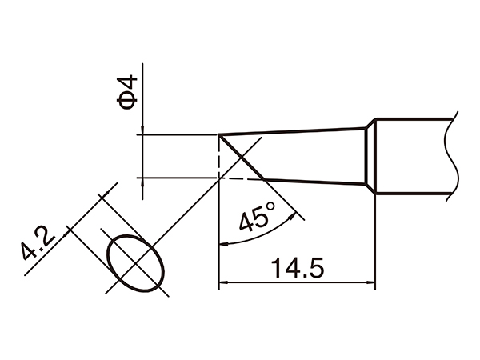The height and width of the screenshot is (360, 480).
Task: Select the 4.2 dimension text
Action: tap(38, 246)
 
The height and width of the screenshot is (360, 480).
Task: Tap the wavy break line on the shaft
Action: tap(453, 156)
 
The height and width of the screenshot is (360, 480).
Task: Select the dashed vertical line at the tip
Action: tap(218, 157)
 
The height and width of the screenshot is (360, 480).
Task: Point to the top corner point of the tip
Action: tap(219, 134)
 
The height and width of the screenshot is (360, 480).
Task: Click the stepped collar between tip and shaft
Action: tap(371, 157)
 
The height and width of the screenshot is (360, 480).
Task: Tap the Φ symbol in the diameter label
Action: tap(129, 102)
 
